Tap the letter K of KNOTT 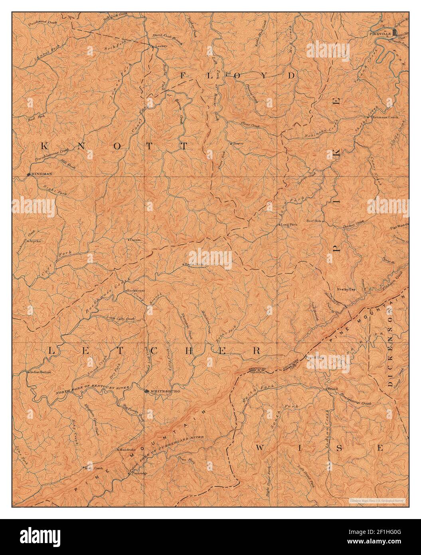click(44, 146)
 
